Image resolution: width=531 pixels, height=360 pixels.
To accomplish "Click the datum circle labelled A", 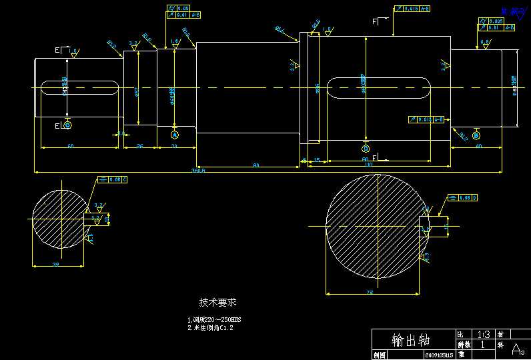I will click(175, 135).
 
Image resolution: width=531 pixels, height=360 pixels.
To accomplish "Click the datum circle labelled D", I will click(365, 148).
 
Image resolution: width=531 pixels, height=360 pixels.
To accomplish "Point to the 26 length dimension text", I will click(139, 145).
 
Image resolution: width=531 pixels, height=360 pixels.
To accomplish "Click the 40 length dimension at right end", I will click(478, 145).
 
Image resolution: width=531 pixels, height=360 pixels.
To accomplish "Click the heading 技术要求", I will click(217, 302).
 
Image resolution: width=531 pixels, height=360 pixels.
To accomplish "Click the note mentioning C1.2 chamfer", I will click(211, 327).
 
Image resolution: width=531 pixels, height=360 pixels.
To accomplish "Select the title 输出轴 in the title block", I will click(411, 340).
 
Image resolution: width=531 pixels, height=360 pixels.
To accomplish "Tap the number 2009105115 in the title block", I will click(440, 355).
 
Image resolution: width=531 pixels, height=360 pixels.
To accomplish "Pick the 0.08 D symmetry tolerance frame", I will click(464, 198).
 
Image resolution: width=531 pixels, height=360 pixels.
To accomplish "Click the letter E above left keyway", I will click(57, 50).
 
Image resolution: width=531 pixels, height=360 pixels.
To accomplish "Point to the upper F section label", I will click(374, 22).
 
